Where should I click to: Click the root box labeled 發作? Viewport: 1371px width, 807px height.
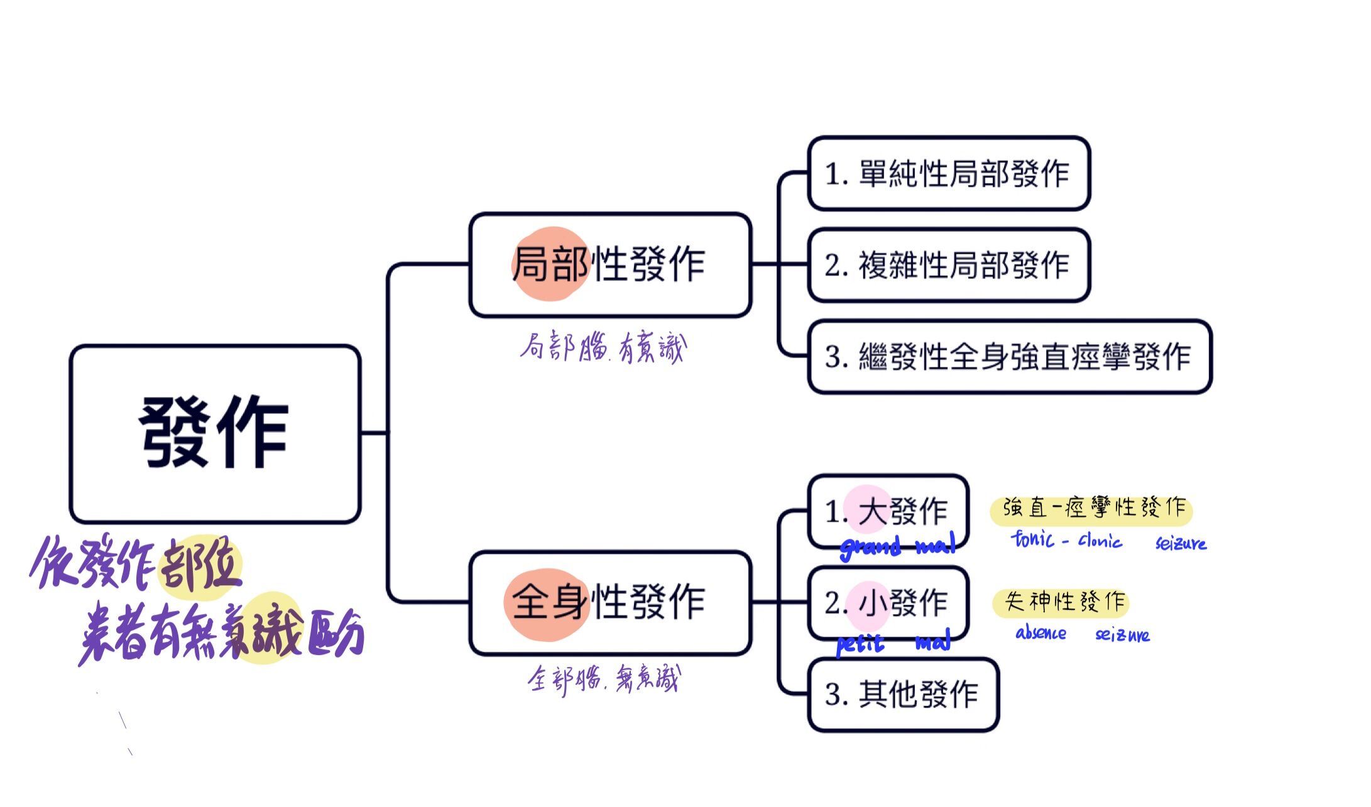pos(215,433)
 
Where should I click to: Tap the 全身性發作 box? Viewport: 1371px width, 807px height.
pos(610,603)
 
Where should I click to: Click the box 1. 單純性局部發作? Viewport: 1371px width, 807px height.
pos(948,173)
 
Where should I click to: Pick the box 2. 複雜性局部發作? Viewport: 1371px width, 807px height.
pos(948,265)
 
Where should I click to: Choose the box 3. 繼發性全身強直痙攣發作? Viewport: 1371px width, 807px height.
pos(1009,357)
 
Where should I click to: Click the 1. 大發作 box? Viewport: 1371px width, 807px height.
pos(887,510)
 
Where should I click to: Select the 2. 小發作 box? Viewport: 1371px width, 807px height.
pos(887,602)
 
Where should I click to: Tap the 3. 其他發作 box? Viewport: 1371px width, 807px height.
pos(903,695)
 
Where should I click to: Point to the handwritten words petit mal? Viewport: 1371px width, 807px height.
pos(892,643)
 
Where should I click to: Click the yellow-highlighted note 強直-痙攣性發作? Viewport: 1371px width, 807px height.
pos(1092,509)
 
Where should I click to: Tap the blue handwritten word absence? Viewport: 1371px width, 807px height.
pos(1041,633)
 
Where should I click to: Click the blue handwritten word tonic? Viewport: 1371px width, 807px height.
pos(1032,539)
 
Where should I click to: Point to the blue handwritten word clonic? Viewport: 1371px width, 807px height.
pos(1100,541)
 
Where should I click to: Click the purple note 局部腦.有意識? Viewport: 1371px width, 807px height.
pos(603,347)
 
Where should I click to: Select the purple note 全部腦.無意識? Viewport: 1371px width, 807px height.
pos(603,680)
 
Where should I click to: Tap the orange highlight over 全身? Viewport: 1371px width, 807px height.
pos(547,604)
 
